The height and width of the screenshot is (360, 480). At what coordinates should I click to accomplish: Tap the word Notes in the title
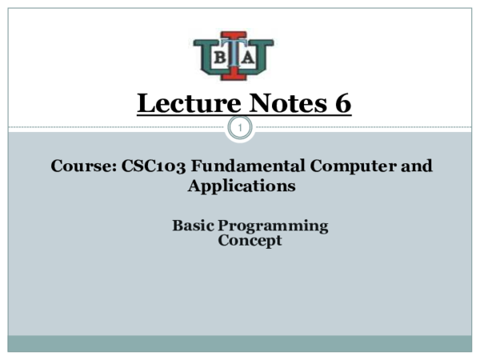(282, 103)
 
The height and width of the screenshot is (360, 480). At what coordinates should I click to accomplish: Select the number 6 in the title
(342, 103)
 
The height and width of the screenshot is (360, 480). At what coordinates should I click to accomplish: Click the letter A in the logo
(249, 58)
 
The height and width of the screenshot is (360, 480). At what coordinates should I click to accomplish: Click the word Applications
(242, 186)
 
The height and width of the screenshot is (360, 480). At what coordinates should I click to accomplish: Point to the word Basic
(194, 226)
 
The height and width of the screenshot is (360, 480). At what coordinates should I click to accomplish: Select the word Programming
(274, 226)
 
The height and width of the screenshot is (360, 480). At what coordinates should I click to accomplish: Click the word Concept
(250, 240)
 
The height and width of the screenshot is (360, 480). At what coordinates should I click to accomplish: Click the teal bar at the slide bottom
(240, 342)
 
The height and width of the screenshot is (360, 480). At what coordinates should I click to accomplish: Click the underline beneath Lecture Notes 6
(244, 115)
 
